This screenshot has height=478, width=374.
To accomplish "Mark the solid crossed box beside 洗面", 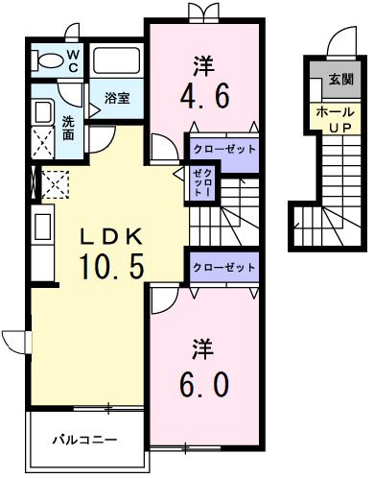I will coord(44,143).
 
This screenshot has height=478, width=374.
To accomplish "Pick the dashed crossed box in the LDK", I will coord(53,182).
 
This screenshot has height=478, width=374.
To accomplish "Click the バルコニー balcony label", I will coord(84,441).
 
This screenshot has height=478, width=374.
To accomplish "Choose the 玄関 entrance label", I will coord(339,79).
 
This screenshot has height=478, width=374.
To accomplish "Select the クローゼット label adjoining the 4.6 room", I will coord(224,150).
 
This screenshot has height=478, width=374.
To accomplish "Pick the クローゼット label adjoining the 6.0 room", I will coord(224,266).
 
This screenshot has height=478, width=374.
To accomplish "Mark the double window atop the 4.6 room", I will coord(202,12).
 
